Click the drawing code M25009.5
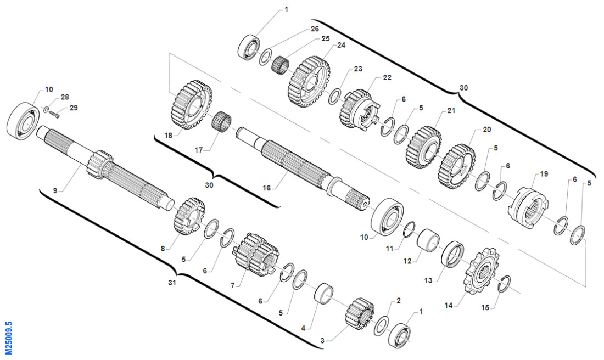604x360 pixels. (x=8, y=337)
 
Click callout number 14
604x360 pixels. (x=449, y=305)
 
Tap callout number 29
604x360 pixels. (x=73, y=108)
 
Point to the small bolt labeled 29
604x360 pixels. (x=55, y=114)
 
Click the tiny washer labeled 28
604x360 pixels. (x=46, y=110)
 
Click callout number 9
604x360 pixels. (x=55, y=190)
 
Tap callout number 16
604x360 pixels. (x=266, y=188)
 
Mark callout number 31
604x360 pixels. (x=172, y=283)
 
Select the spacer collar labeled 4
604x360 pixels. (x=324, y=295)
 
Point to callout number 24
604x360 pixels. (x=342, y=45)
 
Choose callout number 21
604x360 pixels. (x=451, y=110)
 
